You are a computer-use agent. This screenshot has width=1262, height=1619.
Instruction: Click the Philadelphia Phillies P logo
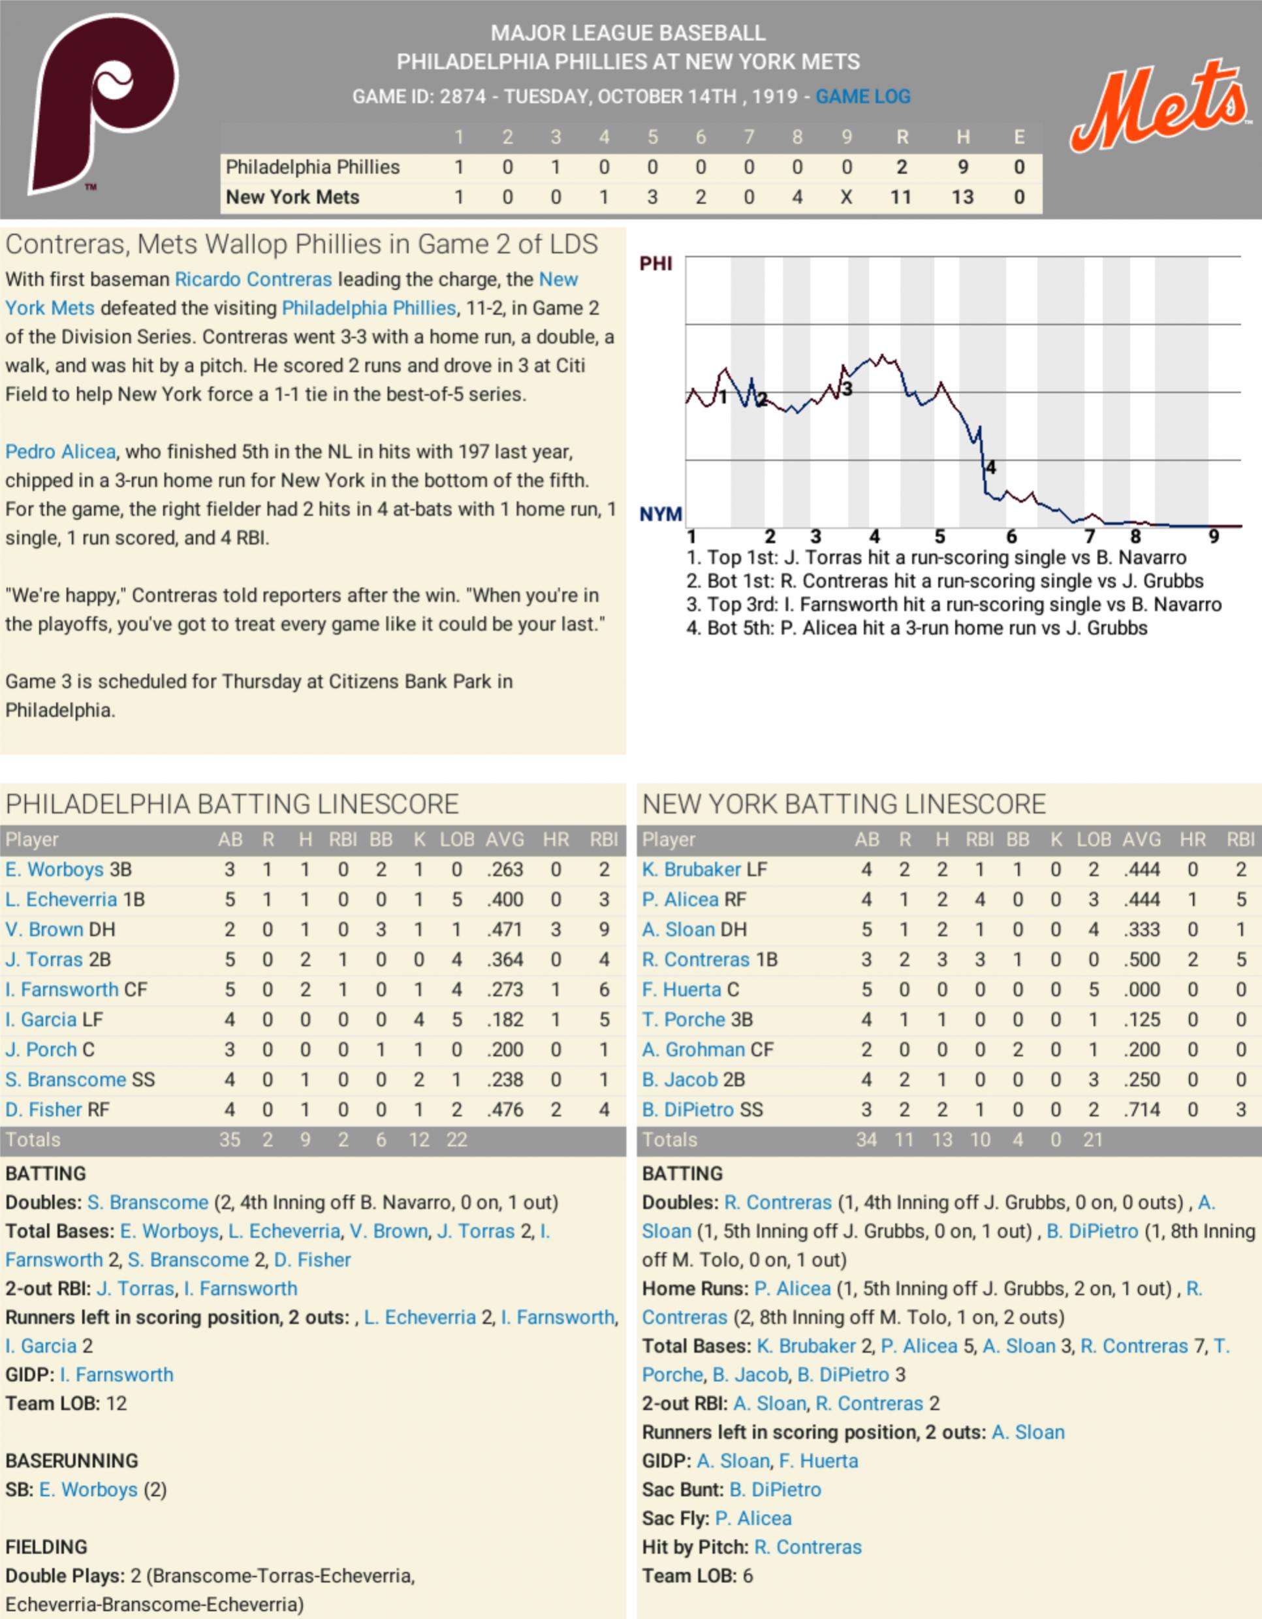[x=104, y=104]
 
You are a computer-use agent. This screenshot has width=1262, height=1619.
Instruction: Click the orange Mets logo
[x=1159, y=108]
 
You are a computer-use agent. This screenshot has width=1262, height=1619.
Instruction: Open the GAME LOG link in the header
[x=862, y=97]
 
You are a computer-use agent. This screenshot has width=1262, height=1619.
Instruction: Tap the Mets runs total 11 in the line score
[x=900, y=197]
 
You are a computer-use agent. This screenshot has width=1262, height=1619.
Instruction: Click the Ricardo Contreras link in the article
[x=253, y=280]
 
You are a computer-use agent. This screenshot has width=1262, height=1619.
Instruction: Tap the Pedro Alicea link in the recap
[x=61, y=451]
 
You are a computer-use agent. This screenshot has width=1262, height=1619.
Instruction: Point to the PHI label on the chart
[x=656, y=263]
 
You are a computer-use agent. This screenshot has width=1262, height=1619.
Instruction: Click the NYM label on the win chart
[x=660, y=514]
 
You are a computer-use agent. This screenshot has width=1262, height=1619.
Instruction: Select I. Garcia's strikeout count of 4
[x=418, y=1019]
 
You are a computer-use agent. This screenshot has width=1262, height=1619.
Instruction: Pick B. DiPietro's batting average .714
[x=1141, y=1110]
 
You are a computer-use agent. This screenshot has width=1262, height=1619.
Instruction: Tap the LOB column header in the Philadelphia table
[x=456, y=839]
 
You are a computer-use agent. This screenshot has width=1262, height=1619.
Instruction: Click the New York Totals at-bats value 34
[x=866, y=1140]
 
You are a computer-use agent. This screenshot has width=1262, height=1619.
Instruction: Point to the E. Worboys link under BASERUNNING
[x=88, y=1489]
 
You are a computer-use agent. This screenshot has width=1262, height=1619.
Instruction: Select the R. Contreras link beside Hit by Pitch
[x=808, y=1547]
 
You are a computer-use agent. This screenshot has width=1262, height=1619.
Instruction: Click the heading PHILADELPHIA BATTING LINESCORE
[x=232, y=805]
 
